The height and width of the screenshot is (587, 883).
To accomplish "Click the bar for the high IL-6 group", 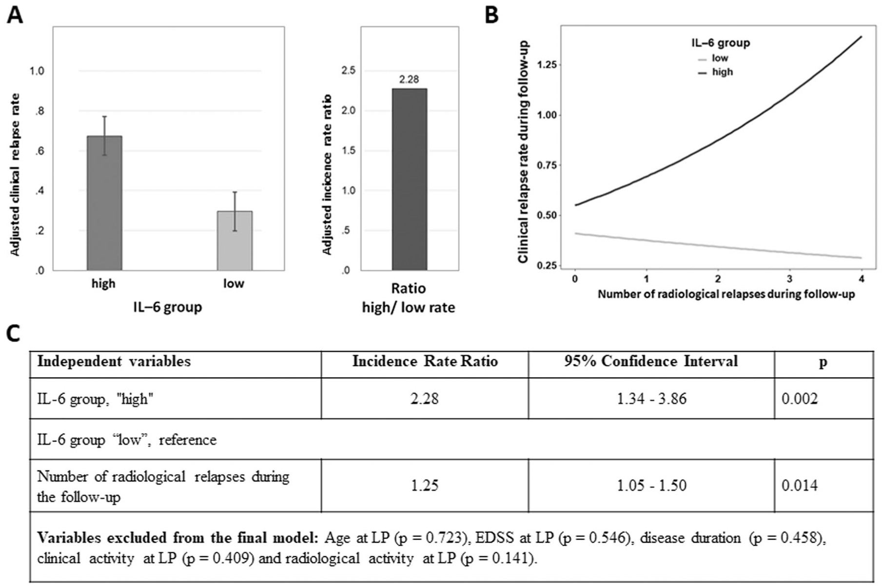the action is (104, 203).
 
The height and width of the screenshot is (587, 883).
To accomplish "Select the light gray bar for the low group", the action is (235, 241).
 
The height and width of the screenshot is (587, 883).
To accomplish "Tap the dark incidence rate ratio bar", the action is (410, 180).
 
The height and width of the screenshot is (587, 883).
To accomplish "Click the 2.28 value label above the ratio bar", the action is (409, 80).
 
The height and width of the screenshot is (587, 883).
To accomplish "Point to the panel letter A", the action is (15, 16).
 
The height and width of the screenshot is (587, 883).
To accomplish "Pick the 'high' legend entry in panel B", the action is (715, 72).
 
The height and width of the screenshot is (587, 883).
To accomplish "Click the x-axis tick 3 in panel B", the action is (790, 279).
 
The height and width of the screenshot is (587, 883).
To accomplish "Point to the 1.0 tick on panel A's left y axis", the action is (37, 71).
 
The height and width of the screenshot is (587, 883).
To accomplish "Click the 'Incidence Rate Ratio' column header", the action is (425, 362).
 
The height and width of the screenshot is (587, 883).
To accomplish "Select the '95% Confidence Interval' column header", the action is (651, 362).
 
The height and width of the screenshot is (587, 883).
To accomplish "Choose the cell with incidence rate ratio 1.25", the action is (425, 486).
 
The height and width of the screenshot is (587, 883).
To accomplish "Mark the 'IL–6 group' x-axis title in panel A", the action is (168, 307).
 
